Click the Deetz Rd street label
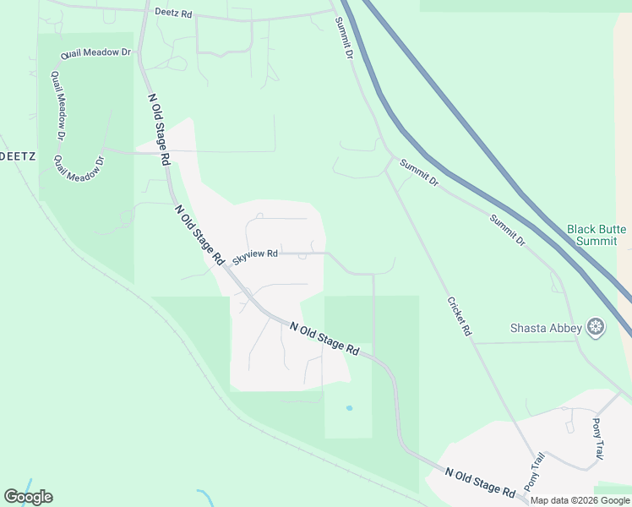click(174, 14)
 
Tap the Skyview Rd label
click(255, 254)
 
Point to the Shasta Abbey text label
click(546, 328)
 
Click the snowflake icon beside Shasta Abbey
click(597, 328)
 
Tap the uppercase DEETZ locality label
click(16, 156)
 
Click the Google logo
click(28, 497)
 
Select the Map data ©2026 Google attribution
click(580, 500)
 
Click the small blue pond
click(349, 408)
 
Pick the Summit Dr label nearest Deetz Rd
click(342, 38)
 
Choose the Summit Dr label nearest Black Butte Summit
click(508, 230)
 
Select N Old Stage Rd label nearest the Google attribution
click(480, 484)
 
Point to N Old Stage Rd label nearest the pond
click(324, 337)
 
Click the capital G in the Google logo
click(11, 497)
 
